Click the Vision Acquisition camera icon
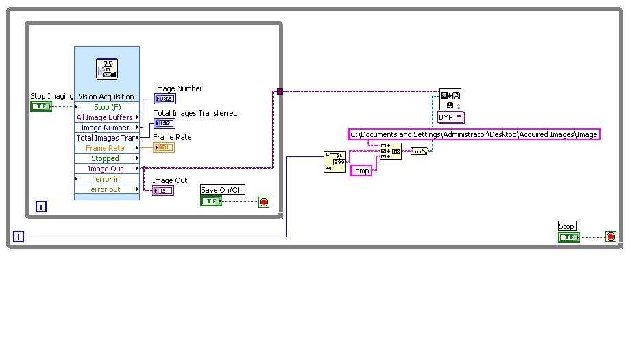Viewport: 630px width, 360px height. tap(106, 69)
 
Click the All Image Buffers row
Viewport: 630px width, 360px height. tap(104, 117)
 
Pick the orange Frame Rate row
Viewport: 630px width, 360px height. tap(105, 148)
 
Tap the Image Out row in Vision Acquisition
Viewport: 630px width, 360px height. tap(105, 169)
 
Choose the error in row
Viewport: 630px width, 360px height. tap(107, 179)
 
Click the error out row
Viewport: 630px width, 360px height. tap(106, 189)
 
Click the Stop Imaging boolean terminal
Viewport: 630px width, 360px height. tap(41, 106)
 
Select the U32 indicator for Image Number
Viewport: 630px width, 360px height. tap(165, 99)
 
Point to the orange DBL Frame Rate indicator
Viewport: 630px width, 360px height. tap(163, 147)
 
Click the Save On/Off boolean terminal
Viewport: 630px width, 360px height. tap(211, 201)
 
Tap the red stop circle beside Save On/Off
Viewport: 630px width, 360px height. tap(264, 202)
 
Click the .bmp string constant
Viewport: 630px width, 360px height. tap(361, 170)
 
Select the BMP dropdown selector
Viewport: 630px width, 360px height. tap(451, 117)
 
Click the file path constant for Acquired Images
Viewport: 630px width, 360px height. tap(474, 134)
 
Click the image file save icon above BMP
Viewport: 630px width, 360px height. tap(450, 99)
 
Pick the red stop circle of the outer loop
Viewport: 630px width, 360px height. tap(610, 237)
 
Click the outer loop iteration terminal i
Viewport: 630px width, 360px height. tap(19, 237)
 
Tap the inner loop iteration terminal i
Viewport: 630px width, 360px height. tap(41, 206)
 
